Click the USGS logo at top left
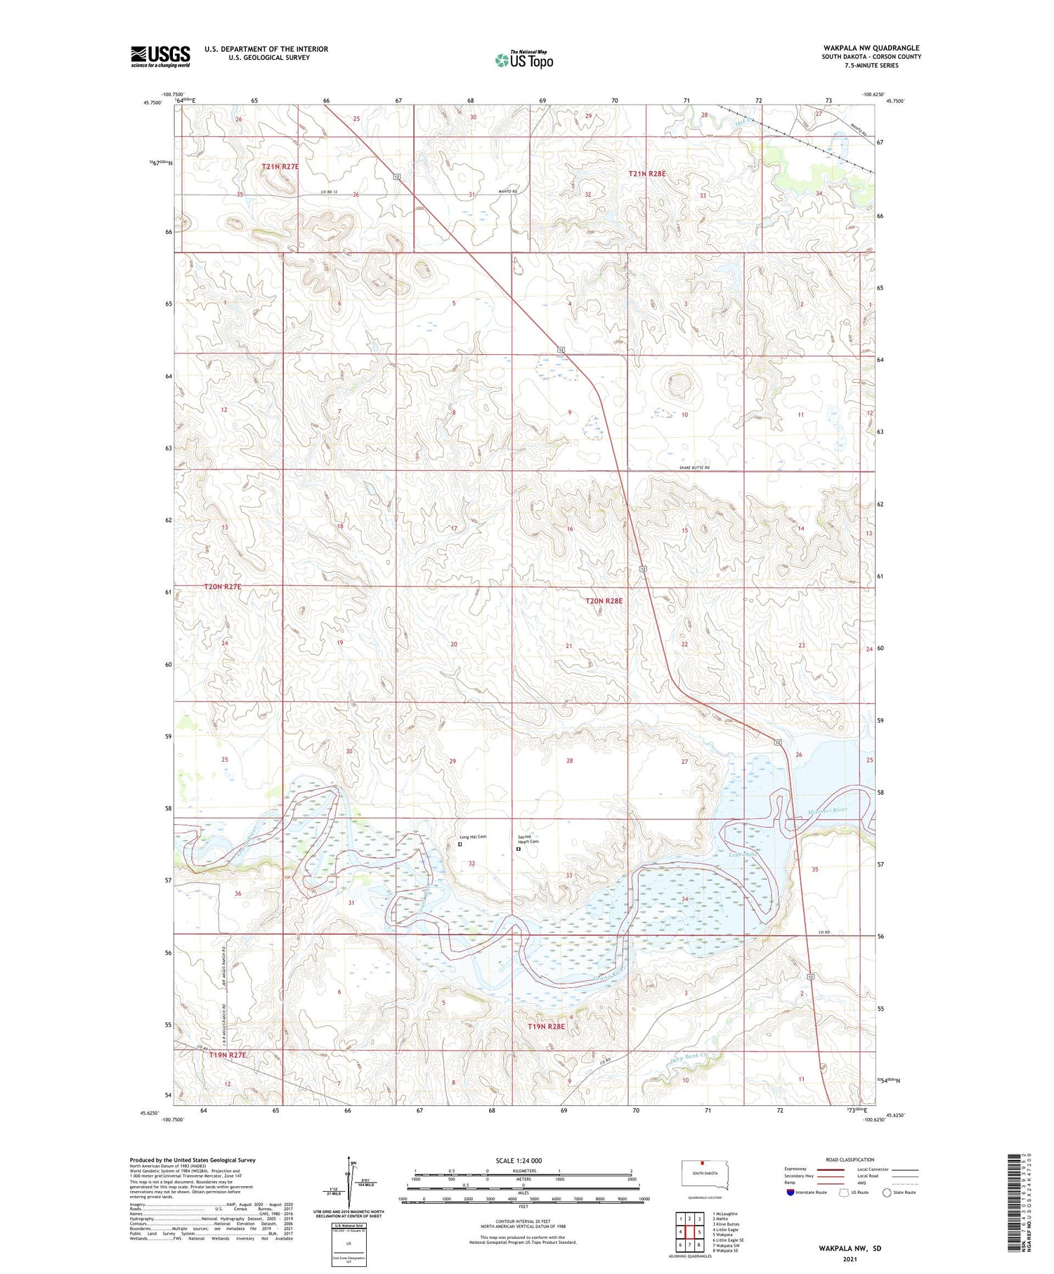(160, 56)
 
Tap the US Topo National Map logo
(523, 60)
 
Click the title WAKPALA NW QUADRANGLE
(871, 48)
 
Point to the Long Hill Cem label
(473, 837)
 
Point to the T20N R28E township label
(604, 601)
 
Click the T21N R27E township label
(280, 167)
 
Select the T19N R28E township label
(546, 1027)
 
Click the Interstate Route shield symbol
(790, 1192)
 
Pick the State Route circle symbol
(887, 1192)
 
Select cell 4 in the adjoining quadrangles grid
(680, 1232)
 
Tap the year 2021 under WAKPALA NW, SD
(850, 1260)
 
